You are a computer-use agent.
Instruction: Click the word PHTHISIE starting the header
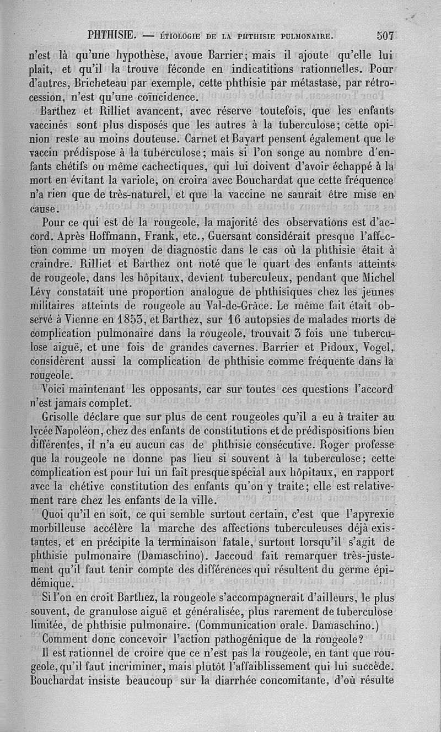click(x=112, y=36)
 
